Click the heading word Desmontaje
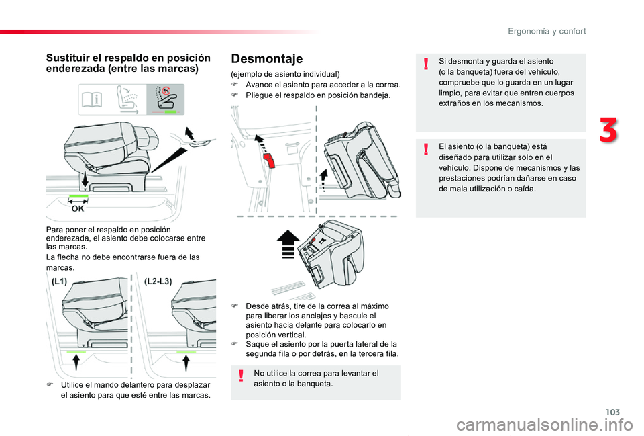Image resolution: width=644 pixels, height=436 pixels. coord(266,59)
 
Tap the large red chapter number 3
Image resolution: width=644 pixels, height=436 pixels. coord(609,130)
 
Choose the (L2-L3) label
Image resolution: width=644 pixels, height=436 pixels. coord(158,282)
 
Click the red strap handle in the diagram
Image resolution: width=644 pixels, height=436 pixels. coord(269,161)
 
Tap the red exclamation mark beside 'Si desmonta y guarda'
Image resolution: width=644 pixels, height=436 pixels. coord(427,65)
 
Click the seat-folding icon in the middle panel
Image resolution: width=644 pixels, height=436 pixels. coord(128,99)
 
